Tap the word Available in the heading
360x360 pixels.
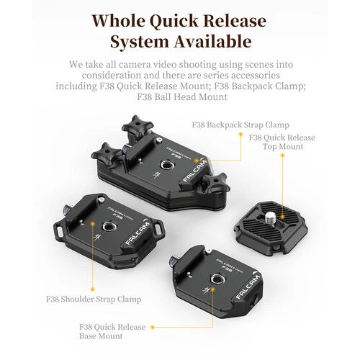point(210,41)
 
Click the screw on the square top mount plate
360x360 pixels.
point(271,215)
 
